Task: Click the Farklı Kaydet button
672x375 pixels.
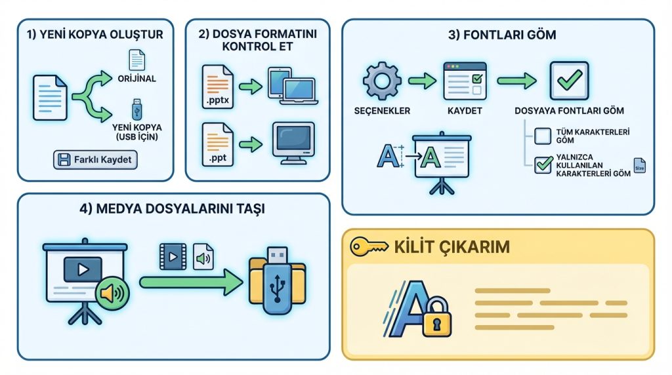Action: [x=95, y=160]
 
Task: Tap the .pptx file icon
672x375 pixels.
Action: [x=218, y=87]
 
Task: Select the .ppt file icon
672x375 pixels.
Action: [x=218, y=144]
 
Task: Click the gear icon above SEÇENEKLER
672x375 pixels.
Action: [x=382, y=81]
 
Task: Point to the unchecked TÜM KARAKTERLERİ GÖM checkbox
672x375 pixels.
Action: [x=543, y=136]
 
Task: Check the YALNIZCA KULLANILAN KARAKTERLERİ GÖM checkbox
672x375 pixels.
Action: [x=543, y=165]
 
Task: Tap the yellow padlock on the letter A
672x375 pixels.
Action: [x=436, y=318]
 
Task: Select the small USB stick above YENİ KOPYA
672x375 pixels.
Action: [x=136, y=109]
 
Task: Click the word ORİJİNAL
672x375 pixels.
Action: [x=136, y=79]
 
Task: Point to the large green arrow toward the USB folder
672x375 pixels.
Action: [x=191, y=282]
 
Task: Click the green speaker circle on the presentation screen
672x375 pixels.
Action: [x=112, y=293]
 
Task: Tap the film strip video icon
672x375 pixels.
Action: [x=173, y=256]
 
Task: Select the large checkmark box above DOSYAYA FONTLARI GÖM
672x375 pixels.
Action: [x=569, y=81]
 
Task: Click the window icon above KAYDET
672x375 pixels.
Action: [x=465, y=81]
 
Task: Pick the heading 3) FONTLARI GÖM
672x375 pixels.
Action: [x=502, y=35]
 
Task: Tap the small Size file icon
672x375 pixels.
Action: [x=639, y=166]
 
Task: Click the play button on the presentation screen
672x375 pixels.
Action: [x=83, y=269]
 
